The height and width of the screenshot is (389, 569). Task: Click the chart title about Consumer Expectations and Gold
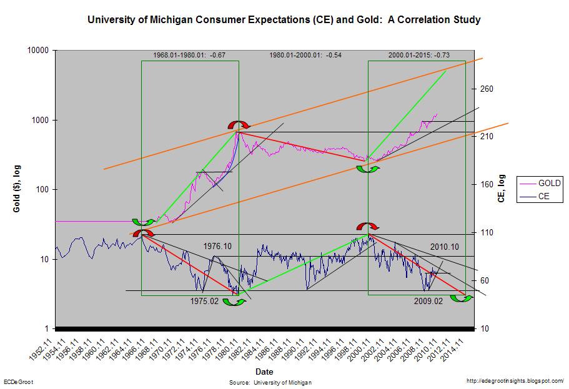pos(284,20)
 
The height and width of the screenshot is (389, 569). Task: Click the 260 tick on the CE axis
pos(487,89)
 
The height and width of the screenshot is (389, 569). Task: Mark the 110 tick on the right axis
pos(487,233)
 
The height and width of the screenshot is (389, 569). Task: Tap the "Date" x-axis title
pos(264,372)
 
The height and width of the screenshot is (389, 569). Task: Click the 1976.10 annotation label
pos(217,247)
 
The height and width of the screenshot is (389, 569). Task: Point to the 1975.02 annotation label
pos(205,301)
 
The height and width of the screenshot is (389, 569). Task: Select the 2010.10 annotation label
pos(445,247)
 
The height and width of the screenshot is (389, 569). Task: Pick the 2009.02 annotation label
pos(428,301)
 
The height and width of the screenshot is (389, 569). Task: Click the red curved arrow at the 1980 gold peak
pos(237,126)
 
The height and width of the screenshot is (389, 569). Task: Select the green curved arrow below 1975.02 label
pos(234,302)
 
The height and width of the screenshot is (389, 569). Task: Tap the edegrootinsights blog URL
pos(515,380)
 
